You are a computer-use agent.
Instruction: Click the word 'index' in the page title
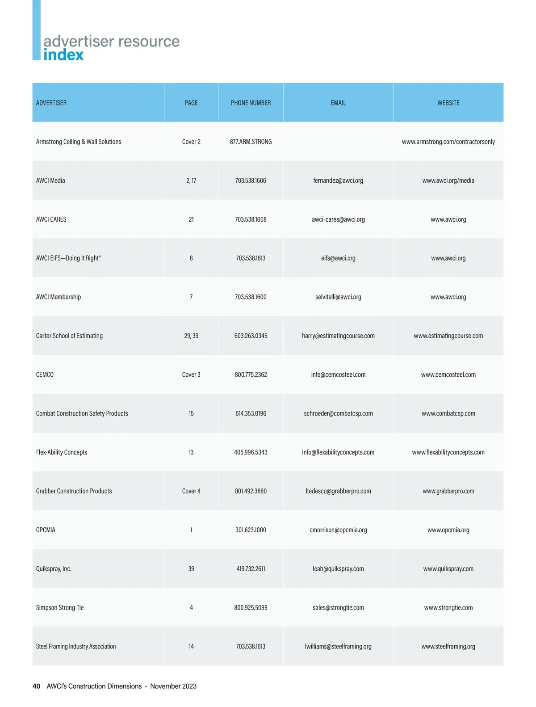(x=63, y=55)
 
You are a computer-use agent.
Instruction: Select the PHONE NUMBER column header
(x=251, y=103)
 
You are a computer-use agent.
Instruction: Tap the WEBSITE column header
(x=448, y=103)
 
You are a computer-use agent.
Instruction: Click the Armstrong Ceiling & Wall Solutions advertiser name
(x=79, y=142)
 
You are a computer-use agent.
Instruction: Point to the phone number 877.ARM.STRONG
(x=251, y=142)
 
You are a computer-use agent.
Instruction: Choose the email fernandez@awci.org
(x=338, y=181)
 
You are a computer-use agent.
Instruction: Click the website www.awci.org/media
(x=448, y=181)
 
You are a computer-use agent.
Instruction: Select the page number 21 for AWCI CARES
(x=191, y=219)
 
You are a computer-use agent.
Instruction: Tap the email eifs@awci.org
(x=338, y=258)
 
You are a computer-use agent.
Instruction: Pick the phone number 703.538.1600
(x=251, y=297)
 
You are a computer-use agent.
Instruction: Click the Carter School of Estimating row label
(x=69, y=336)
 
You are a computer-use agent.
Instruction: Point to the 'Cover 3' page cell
(x=191, y=375)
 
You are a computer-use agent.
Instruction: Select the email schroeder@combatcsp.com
(x=338, y=413)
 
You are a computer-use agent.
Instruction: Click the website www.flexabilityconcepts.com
(x=448, y=452)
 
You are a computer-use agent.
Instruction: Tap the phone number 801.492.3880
(x=251, y=491)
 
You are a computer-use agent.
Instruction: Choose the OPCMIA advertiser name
(x=46, y=530)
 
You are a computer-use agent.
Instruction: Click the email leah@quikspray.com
(x=338, y=569)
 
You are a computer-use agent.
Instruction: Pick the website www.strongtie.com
(x=448, y=608)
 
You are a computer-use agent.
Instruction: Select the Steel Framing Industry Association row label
(x=76, y=647)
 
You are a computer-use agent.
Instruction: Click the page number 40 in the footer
(x=36, y=686)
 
